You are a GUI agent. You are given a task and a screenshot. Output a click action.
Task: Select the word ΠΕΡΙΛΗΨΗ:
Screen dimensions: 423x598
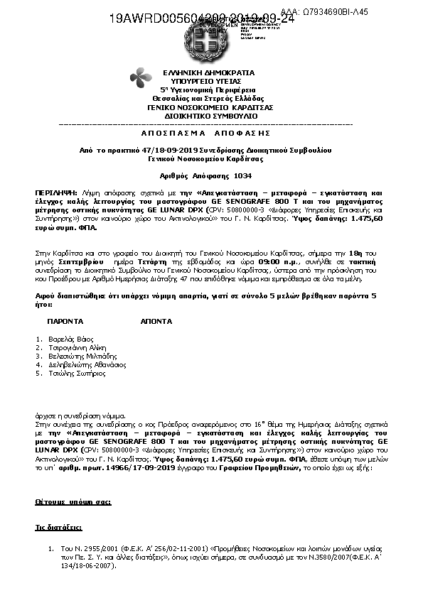(x=55, y=192)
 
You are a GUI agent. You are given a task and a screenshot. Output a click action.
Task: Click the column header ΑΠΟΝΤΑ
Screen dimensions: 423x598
(x=155, y=322)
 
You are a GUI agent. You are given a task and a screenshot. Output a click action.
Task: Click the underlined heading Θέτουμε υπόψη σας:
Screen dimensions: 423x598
(x=73, y=502)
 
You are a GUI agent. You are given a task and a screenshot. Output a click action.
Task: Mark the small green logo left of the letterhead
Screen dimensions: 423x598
(x=141, y=78)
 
